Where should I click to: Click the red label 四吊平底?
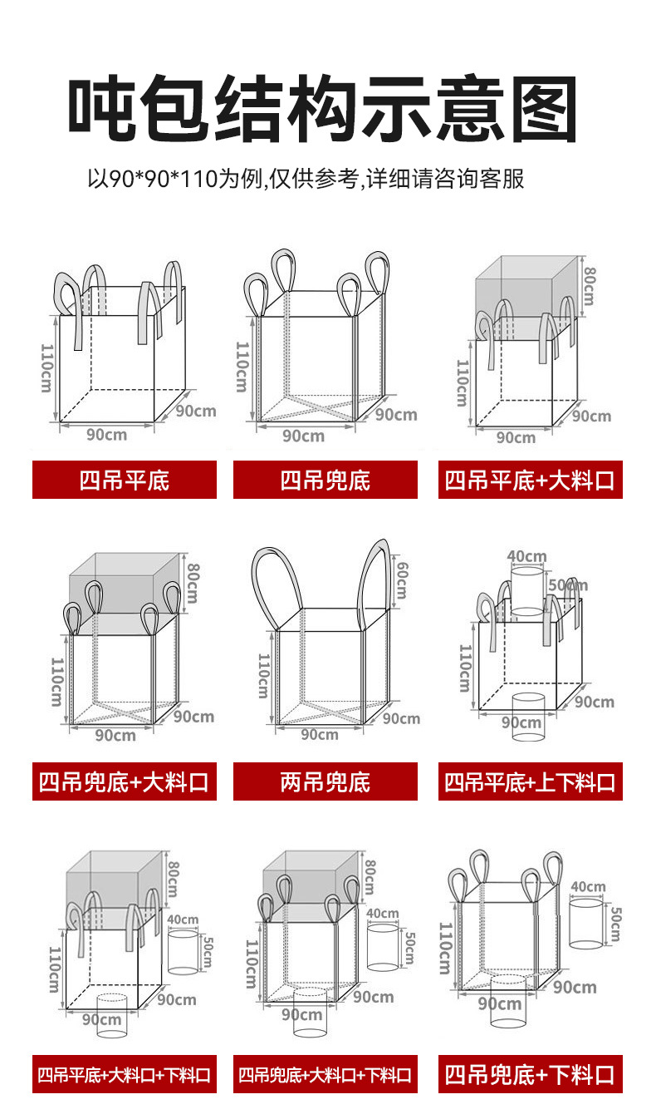coord(125,480)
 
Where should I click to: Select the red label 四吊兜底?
coord(325,480)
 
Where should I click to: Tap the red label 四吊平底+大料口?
coord(530,480)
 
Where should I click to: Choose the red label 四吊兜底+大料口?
coord(125,781)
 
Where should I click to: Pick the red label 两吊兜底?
coord(325,781)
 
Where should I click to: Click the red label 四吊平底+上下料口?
coord(530,781)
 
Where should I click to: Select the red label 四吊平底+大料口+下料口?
coord(125,1075)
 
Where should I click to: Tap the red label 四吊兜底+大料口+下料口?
coord(325,1075)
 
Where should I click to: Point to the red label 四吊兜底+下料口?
coord(530,1075)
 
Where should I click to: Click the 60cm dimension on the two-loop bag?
coord(401,580)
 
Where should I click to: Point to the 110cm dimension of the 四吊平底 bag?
coord(46,370)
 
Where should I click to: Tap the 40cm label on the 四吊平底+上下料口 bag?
coord(526,556)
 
